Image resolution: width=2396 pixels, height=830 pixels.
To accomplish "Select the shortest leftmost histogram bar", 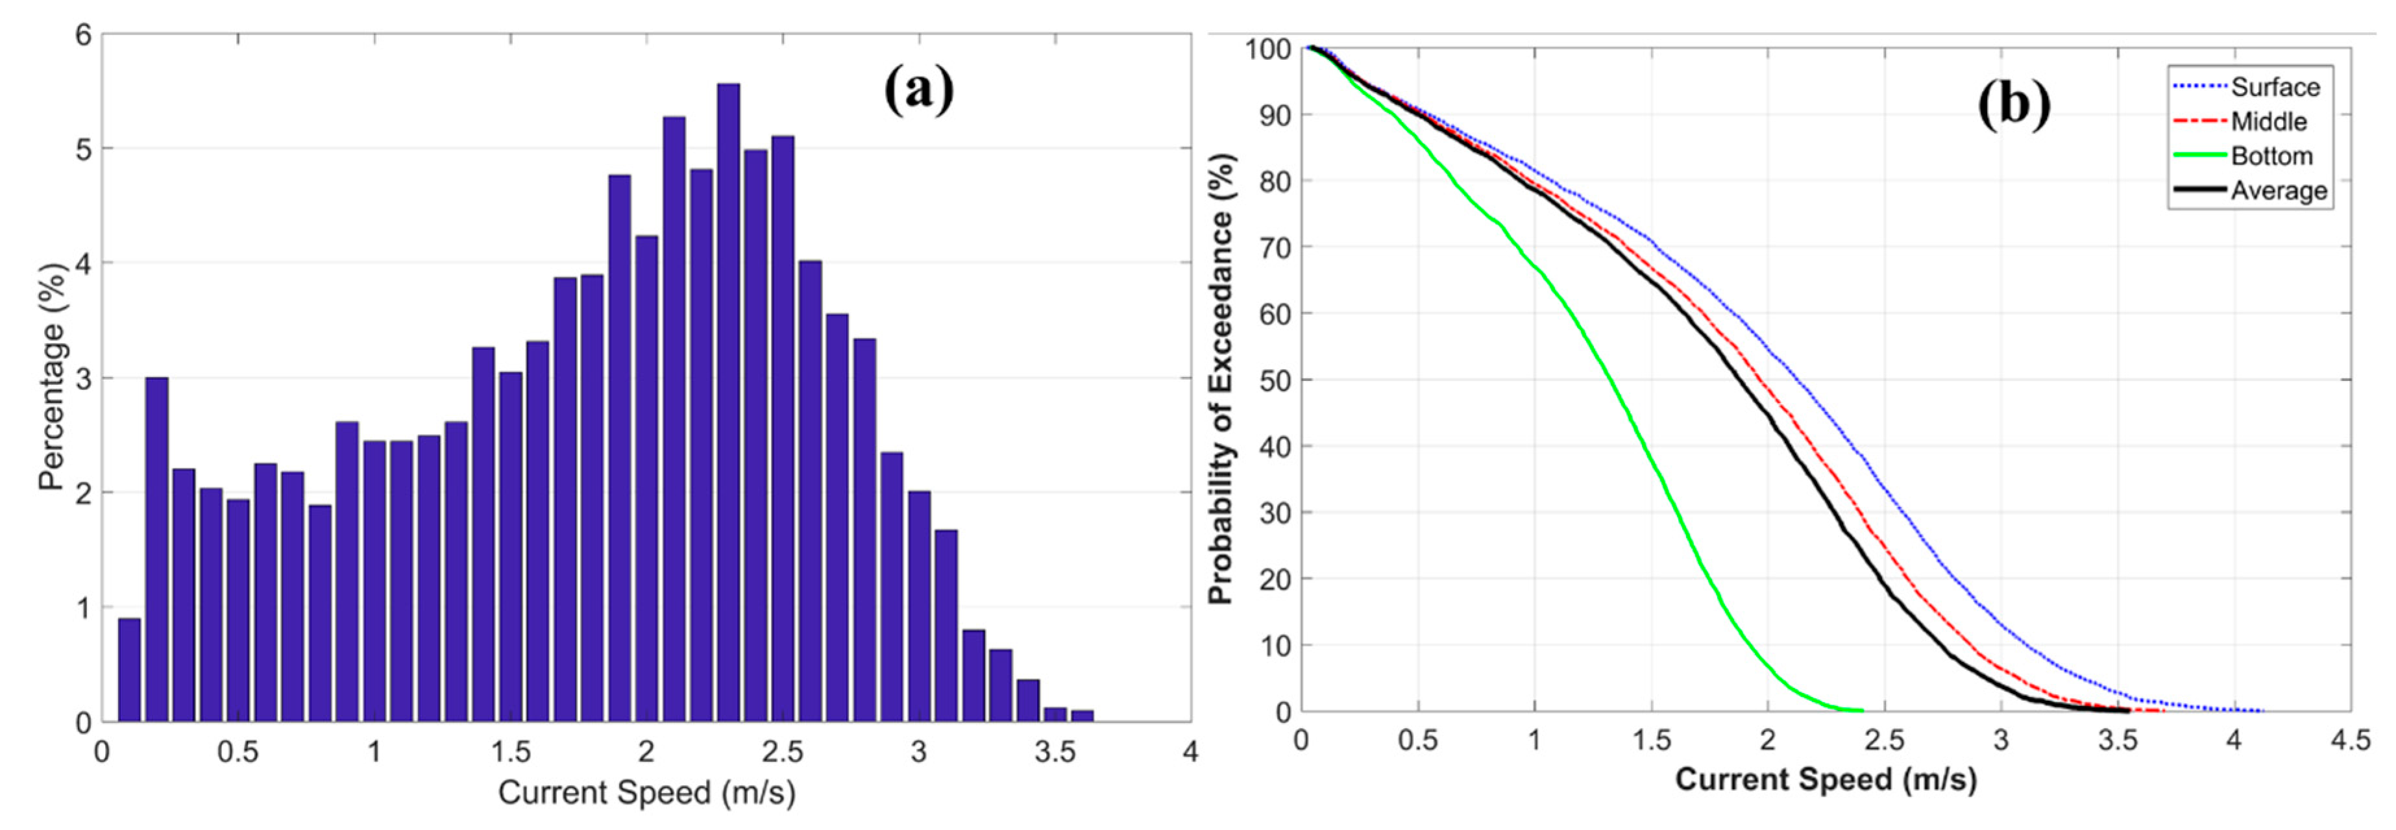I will pyautogui.click(x=129, y=670).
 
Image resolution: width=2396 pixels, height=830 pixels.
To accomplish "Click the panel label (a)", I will pyautogui.click(x=919, y=90).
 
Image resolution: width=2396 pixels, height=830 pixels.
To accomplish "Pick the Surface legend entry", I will pyautogui.click(x=2275, y=88).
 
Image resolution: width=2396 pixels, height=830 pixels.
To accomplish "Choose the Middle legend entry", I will pyautogui.click(x=2269, y=122).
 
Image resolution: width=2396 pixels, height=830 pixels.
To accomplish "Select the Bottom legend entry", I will pyautogui.click(x=2271, y=156).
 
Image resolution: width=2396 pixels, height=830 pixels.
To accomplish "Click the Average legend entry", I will pyautogui.click(x=2279, y=191).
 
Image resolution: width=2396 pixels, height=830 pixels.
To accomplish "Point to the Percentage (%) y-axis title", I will pyautogui.click(x=53, y=377).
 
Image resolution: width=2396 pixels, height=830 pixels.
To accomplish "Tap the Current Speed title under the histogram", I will pyautogui.click(x=646, y=793).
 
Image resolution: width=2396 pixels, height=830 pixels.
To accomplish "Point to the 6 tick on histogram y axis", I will pyautogui.click(x=84, y=35).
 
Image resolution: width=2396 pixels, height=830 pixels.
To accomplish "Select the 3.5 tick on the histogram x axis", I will pyautogui.click(x=1055, y=752).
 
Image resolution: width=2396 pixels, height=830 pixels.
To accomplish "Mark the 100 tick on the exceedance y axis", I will pyautogui.click(x=1269, y=49).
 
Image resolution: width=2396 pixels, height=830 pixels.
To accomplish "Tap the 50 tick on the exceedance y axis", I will pyautogui.click(x=1275, y=380).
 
